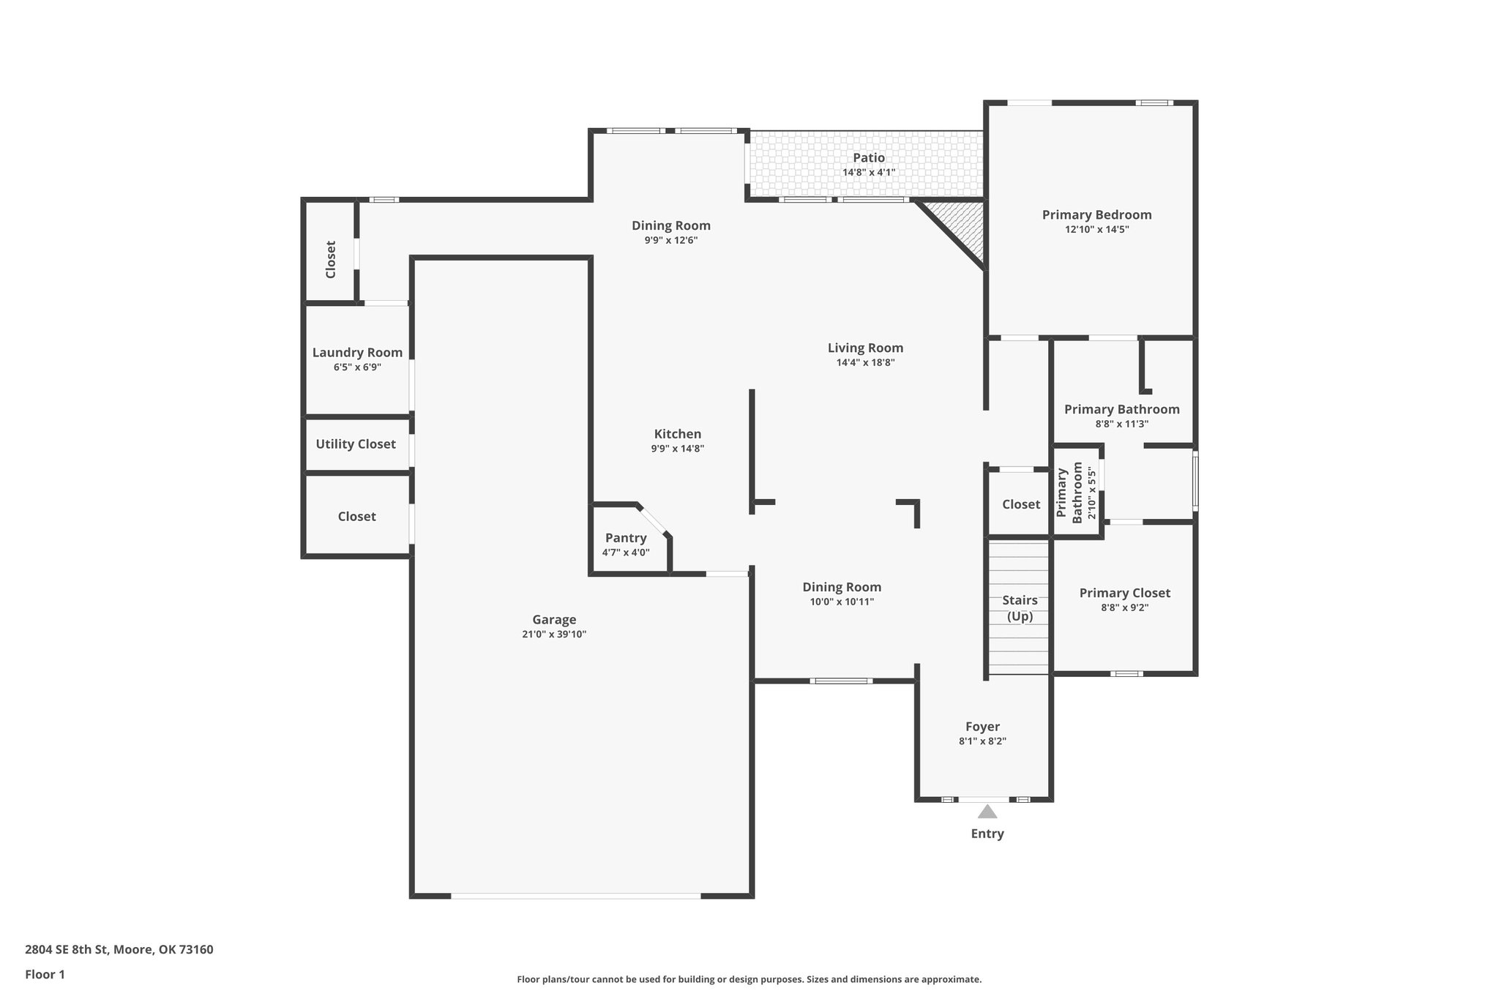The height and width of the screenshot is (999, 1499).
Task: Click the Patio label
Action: [x=868, y=157]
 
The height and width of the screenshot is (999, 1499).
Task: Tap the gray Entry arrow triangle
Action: [x=987, y=812]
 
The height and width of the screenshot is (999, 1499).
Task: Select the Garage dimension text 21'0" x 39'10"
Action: [x=554, y=635]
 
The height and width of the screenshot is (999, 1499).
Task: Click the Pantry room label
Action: [x=626, y=538]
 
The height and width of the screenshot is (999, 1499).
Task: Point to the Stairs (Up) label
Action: [x=1020, y=607]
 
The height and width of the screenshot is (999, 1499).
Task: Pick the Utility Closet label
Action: [x=356, y=444]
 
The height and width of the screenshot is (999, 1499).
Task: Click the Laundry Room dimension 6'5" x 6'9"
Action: [x=357, y=367]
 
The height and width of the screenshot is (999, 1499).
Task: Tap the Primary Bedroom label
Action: [x=1096, y=214]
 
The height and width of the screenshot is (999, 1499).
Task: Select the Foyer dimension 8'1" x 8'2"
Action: [x=982, y=741]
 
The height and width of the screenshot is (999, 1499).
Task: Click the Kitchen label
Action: [x=677, y=434]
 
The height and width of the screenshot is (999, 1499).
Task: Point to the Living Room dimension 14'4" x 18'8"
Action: [x=865, y=362]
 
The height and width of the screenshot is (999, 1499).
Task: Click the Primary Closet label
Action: [x=1124, y=593]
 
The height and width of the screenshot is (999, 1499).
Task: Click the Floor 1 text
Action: [x=45, y=974]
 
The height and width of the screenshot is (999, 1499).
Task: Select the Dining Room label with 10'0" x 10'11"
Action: [x=842, y=587]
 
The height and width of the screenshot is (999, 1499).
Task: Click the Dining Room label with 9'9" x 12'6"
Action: [x=670, y=225]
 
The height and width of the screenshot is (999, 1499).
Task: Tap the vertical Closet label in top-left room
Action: [x=330, y=259]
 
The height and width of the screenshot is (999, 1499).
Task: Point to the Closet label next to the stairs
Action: [x=1020, y=504]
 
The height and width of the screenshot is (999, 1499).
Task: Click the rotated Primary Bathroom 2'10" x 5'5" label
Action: [x=1077, y=492]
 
